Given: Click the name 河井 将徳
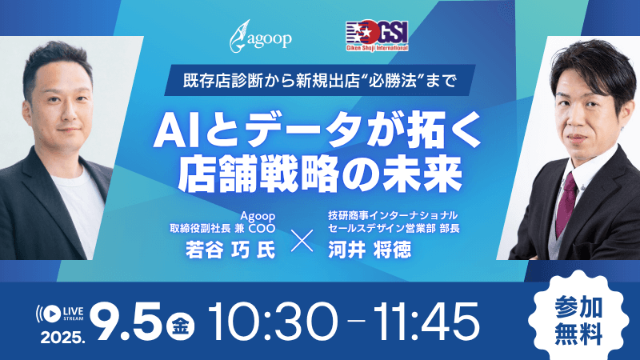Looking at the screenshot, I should click(361, 249).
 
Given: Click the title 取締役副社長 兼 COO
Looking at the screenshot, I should click(221, 227).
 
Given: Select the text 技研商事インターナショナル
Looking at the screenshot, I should click(392, 215).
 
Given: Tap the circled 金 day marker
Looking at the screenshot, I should click(178, 327).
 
